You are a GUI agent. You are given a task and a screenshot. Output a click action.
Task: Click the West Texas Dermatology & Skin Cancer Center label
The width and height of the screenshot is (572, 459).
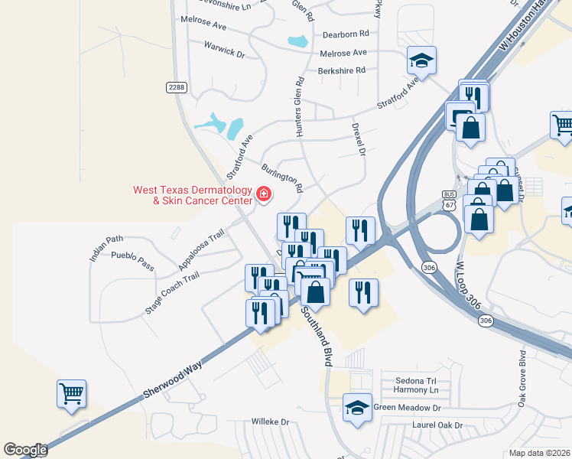click(192, 195)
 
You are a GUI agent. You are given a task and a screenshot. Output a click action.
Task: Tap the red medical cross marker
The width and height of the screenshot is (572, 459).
click(264, 194)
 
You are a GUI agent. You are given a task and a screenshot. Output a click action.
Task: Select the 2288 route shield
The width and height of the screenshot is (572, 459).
click(176, 87)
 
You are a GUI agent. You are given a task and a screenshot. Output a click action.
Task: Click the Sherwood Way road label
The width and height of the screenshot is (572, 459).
click(172, 381)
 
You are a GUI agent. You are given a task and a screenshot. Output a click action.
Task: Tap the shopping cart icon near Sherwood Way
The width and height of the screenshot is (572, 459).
click(71, 394)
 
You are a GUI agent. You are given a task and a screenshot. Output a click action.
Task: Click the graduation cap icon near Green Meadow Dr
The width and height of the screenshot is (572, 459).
click(356, 407)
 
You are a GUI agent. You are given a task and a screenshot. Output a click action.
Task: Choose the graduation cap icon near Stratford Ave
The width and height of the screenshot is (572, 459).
click(421, 60)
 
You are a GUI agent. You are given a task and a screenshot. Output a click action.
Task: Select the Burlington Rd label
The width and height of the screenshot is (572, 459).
click(282, 177)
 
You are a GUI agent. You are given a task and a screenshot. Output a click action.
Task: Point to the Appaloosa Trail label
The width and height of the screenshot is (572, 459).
click(201, 249)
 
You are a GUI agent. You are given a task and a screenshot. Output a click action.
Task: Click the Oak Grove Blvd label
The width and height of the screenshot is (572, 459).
click(523, 379)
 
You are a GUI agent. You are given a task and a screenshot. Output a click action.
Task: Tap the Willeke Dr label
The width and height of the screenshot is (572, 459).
click(271, 422)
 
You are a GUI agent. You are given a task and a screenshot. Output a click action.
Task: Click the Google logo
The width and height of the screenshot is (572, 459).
click(25, 450)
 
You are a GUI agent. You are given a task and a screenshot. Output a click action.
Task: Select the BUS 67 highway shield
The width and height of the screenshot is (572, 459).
click(449, 200)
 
